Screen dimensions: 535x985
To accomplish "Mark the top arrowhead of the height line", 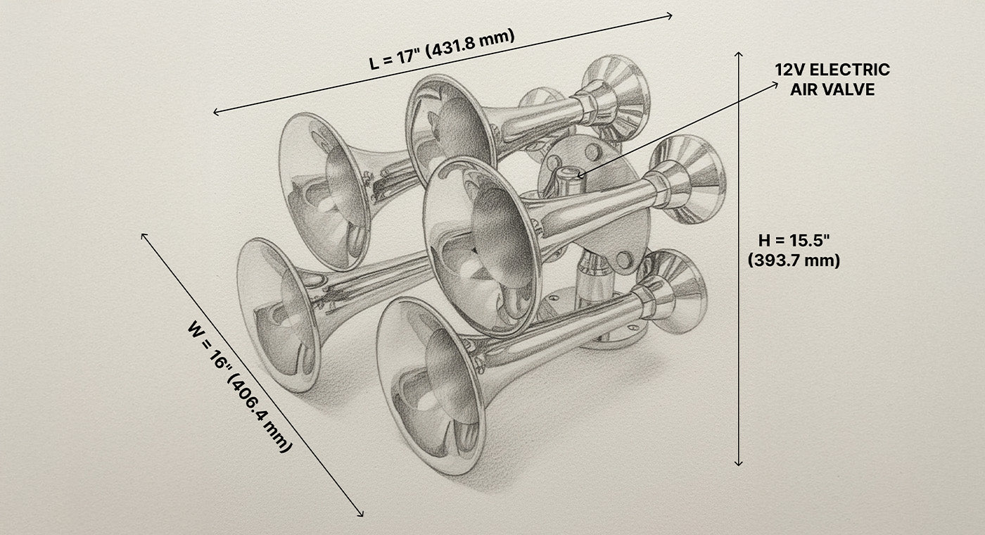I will (738, 53).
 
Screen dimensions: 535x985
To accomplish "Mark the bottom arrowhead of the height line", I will (738, 463).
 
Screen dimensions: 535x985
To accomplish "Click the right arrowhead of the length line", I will (671, 15).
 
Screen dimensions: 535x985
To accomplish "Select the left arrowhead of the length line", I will (215, 112).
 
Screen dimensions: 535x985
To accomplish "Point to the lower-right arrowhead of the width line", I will (362, 515).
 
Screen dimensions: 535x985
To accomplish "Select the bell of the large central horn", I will (482, 246).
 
